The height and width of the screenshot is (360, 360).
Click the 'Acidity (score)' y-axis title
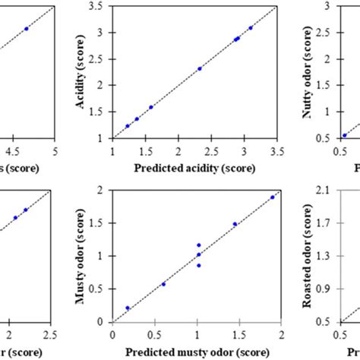pyautogui.click(x=80, y=72)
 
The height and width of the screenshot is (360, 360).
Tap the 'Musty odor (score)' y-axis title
pyautogui.click(x=80, y=257)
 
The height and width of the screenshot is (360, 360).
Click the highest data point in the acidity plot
pyautogui.click(x=251, y=28)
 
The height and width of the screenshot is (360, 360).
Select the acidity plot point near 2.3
pyautogui.click(x=200, y=68)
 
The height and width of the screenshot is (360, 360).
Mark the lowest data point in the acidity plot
pyautogui.click(x=127, y=126)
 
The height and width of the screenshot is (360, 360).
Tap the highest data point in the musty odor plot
pyautogui.click(x=272, y=197)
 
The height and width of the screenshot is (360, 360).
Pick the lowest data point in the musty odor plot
pyautogui.click(x=128, y=308)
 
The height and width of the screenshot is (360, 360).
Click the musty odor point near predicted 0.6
pyautogui.click(x=163, y=284)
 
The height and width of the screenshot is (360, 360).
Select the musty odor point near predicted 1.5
pyautogui.click(x=235, y=224)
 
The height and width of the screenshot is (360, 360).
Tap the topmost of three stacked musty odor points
pyautogui.click(x=199, y=245)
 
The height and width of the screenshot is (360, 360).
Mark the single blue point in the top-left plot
pyautogui.click(x=27, y=29)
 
